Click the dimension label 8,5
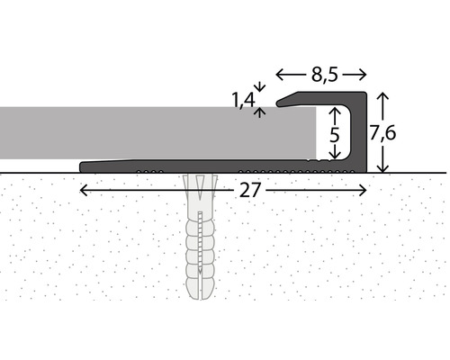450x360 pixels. pos(321,76)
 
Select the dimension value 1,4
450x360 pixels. pos(241,102)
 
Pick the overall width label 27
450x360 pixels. pos(245,191)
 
